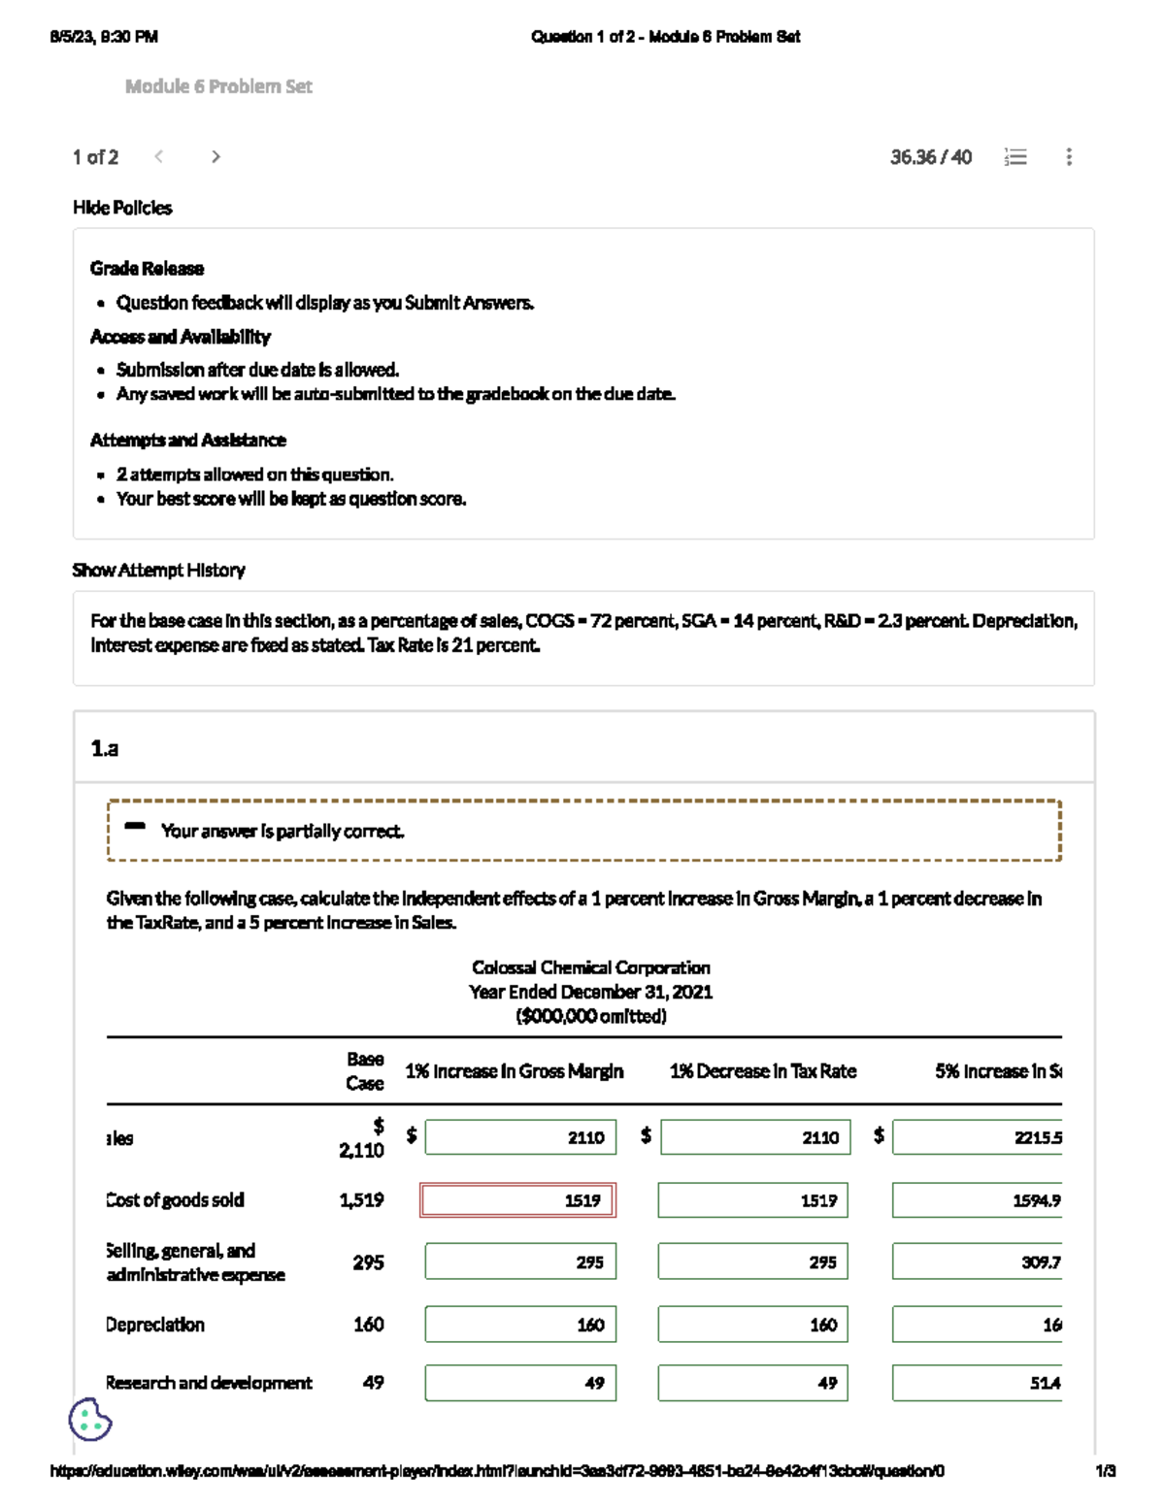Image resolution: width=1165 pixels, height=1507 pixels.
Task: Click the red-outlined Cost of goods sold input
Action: point(517,1200)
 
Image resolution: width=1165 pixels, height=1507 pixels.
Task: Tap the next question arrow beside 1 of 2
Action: point(216,156)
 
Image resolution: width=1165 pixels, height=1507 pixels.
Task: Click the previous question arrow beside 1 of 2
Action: point(159,156)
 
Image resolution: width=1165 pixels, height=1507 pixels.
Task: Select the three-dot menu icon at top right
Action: point(1069,157)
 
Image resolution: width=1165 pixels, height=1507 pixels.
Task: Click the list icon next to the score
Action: point(1015,157)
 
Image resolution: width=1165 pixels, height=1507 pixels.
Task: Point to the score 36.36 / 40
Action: point(930,157)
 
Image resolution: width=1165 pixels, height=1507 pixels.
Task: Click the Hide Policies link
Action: point(122,208)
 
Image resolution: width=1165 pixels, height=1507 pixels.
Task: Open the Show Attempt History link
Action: point(158,570)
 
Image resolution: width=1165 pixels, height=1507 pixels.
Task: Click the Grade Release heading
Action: point(147,269)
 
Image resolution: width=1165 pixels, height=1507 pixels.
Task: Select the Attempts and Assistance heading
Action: point(188,441)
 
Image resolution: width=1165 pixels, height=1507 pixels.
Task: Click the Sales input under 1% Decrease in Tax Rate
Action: point(754,1137)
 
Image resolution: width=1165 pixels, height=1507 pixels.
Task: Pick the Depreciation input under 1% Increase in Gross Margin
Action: point(520,1325)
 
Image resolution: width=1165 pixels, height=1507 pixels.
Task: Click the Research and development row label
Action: point(209,1383)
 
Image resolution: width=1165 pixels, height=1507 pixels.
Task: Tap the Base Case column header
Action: point(365,1071)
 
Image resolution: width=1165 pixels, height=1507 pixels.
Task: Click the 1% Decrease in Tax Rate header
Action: point(763,1071)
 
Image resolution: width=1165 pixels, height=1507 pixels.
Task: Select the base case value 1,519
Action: point(361,1200)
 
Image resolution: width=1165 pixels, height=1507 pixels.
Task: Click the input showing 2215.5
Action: point(977,1137)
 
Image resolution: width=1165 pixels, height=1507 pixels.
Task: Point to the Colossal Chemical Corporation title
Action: point(590,967)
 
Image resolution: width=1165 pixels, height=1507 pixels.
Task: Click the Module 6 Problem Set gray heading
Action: point(218,86)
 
